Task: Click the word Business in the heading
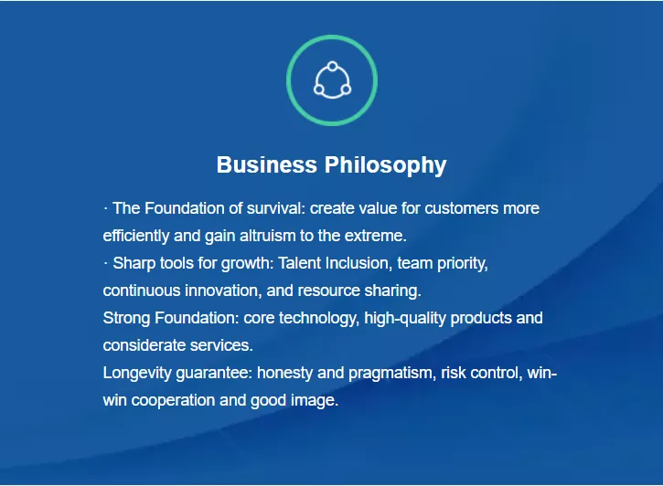[x=266, y=164]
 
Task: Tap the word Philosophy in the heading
[x=386, y=165]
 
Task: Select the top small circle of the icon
[x=332, y=67]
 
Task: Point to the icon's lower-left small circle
[x=319, y=90]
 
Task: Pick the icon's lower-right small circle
[x=346, y=90]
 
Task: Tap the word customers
[x=462, y=208]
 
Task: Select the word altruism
[x=268, y=236]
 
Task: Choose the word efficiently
[x=136, y=236]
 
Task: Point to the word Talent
[x=300, y=263]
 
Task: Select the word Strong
[x=126, y=318]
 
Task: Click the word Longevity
[x=137, y=374]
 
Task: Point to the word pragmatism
[x=392, y=374]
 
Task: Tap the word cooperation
[x=173, y=400]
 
